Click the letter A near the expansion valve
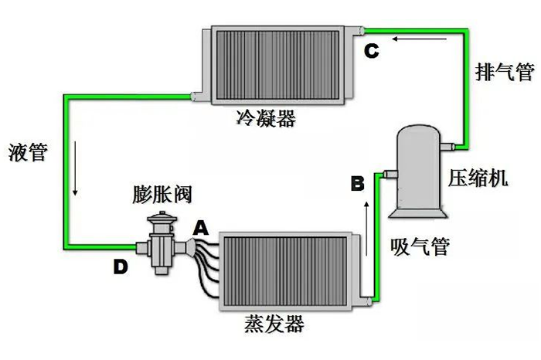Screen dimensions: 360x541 [200, 228]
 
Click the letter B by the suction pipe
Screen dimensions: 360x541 [357, 184]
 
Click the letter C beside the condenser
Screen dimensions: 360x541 [372, 52]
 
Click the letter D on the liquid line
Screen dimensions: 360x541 [120, 267]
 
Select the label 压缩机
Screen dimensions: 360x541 [478, 178]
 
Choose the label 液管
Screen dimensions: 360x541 [27, 151]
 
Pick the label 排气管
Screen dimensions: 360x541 [503, 72]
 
